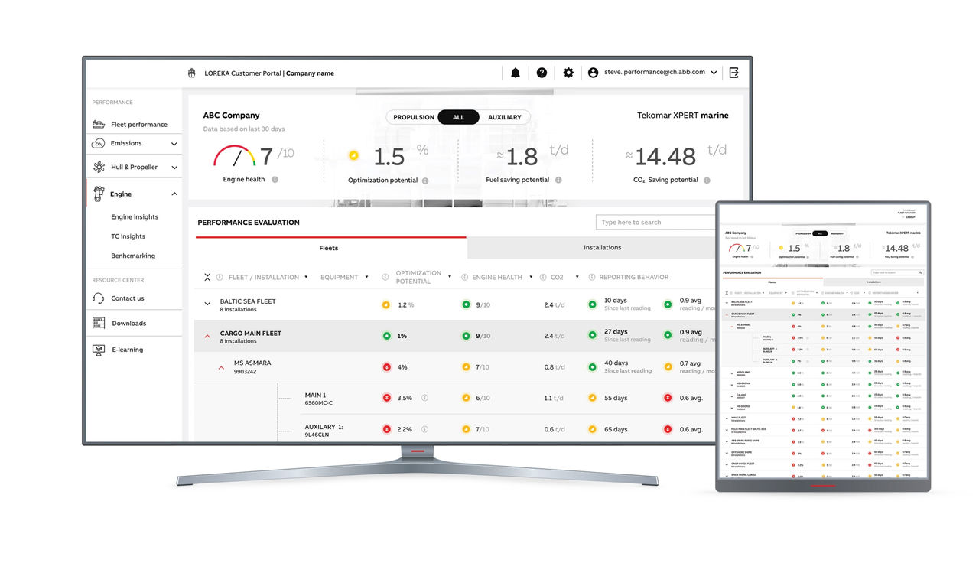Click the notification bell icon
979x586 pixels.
point(516,73)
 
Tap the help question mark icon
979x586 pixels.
point(542,73)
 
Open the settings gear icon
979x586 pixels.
point(568,73)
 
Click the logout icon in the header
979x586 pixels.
point(734,73)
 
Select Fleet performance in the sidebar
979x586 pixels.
point(138,124)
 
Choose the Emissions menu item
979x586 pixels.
point(126,143)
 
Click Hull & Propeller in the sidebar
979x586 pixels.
point(134,167)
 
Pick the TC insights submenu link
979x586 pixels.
point(128,236)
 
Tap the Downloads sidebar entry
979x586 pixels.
point(128,323)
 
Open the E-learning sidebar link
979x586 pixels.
point(127,350)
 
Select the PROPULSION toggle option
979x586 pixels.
point(414,117)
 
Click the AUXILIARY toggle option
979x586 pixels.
point(504,117)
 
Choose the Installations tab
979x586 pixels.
point(603,247)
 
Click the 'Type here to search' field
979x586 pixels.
point(655,223)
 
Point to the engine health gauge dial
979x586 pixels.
point(234,156)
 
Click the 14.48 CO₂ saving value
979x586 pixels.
point(665,157)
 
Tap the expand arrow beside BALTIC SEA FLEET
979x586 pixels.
point(207,304)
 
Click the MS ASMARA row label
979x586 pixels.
point(252,363)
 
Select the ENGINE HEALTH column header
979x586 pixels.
point(497,277)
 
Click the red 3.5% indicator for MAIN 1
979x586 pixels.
point(386,398)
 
